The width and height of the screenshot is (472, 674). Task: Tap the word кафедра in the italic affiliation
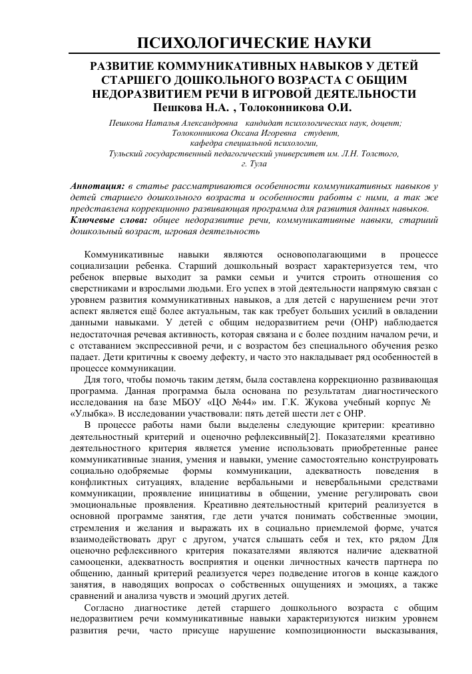(x=205, y=143)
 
